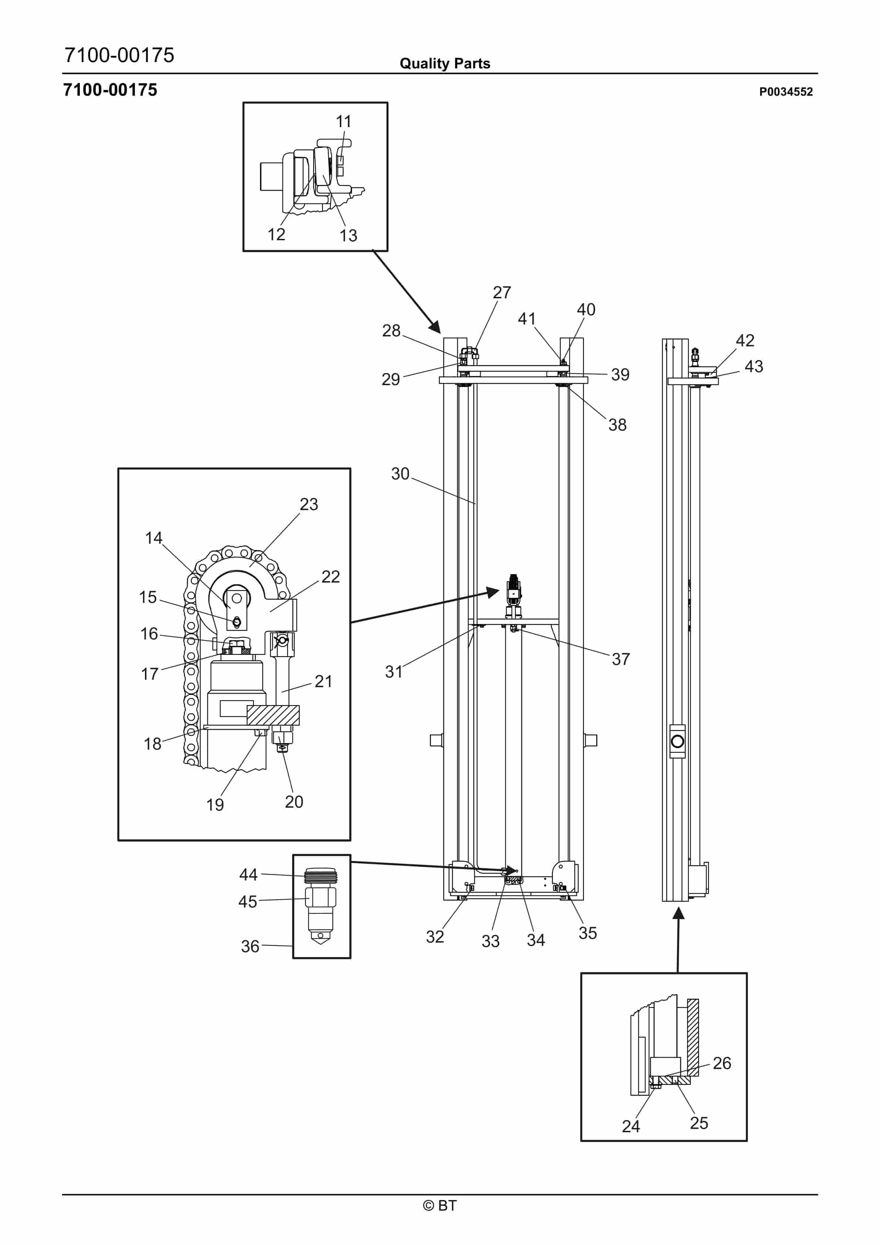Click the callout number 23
[x=309, y=504]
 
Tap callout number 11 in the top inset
[x=343, y=122]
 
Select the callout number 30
[x=400, y=474]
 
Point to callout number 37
[x=621, y=659]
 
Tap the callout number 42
[x=745, y=340]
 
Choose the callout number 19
[x=215, y=805]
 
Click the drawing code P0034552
[x=786, y=92]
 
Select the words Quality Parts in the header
[x=445, y=64]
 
